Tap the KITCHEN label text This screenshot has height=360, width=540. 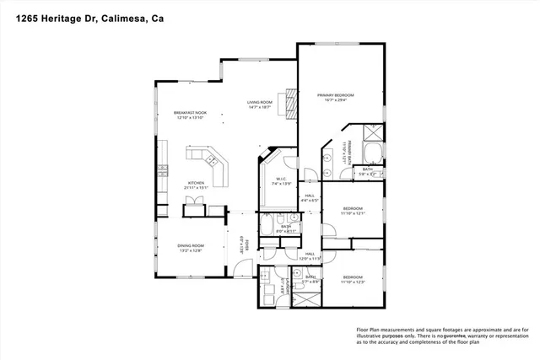coord(197,183)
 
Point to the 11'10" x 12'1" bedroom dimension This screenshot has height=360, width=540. coord(353,213)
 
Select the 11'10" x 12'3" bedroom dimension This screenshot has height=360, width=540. coord(353,282)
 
